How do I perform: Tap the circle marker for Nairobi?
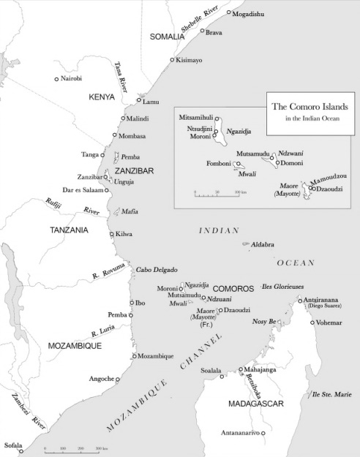[56, 79]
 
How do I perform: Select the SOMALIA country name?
[168, 36]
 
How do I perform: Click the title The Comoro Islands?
[310, 107]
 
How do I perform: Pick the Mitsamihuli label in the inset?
[195, 116]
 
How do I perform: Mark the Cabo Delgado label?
[156, 270]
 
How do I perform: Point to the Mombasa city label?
[132, 136]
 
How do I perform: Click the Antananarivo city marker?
[263, 433]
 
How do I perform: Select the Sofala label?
[13, 445]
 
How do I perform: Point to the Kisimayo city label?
[189, 60]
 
